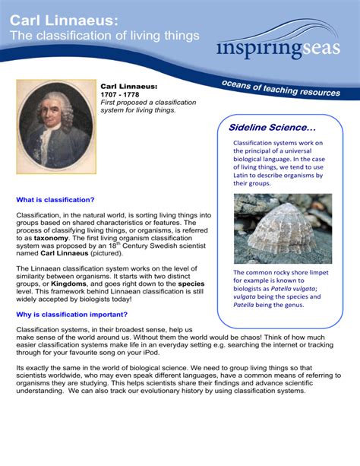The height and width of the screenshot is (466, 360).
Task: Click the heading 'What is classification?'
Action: pyautogui.click(x=55, y=201)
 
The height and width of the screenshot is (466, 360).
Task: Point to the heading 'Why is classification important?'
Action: pyautogui.click(x=72, y=314)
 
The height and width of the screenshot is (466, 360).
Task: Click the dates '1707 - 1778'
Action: pyautogui.click(x=120, y=94)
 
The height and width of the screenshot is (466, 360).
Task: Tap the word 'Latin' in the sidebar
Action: pyautogui.click(x=245, y=174)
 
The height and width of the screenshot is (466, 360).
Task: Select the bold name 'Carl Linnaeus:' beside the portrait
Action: pyautogui.click(x=128, y=86)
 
